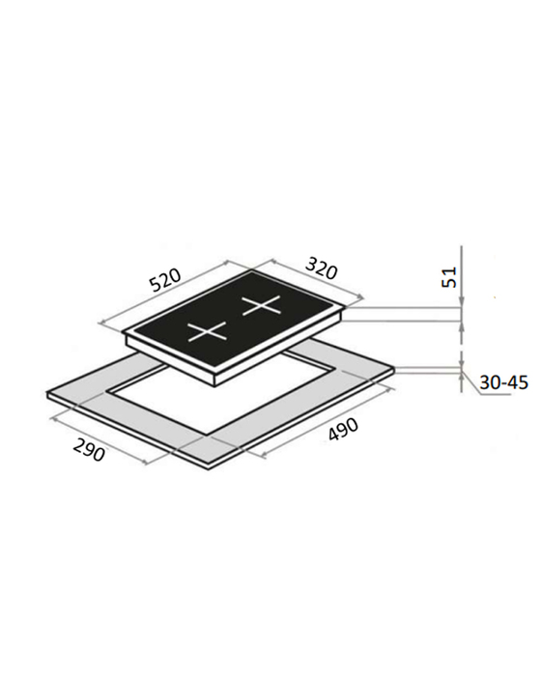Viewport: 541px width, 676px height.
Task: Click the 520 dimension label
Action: (x=165, y=280)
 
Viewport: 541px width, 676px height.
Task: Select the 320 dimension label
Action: (x=321, y=268)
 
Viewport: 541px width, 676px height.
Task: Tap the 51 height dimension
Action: (x=448, y=277)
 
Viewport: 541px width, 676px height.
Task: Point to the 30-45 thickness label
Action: (x=503, y=382)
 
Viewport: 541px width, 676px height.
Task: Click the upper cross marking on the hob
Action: (x=262, y=306)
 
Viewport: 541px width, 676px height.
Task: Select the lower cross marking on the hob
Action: (x=208, y=332)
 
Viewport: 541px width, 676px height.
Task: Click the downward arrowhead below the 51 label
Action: (x=462, y=301)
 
